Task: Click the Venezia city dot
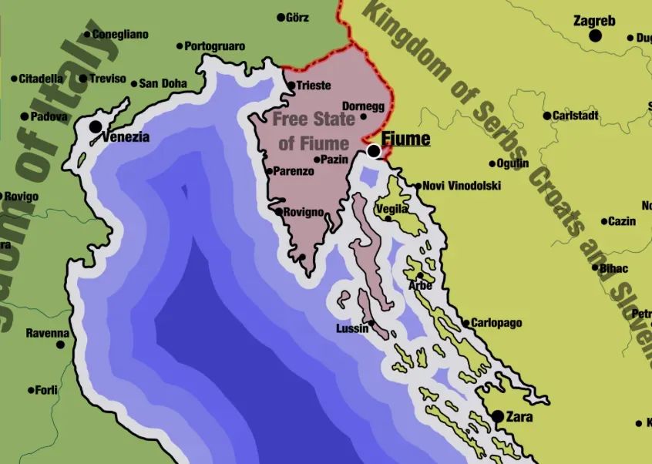tap(96, 126)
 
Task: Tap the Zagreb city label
tap(594, 21)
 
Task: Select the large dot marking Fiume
tap(374, 151)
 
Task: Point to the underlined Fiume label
tap(405, 140)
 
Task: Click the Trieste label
tap(314, 86)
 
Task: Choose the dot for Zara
tap(498, 416)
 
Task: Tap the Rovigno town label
tap(304, 213)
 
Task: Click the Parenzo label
tap(294, 171)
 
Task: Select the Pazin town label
tap(334, 160)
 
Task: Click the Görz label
tap(297, 18)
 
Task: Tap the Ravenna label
tap(47, 334)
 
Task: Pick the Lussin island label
tap(352, 329)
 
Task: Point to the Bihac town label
tap(614, 268)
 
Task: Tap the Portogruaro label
tap(215, 46)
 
